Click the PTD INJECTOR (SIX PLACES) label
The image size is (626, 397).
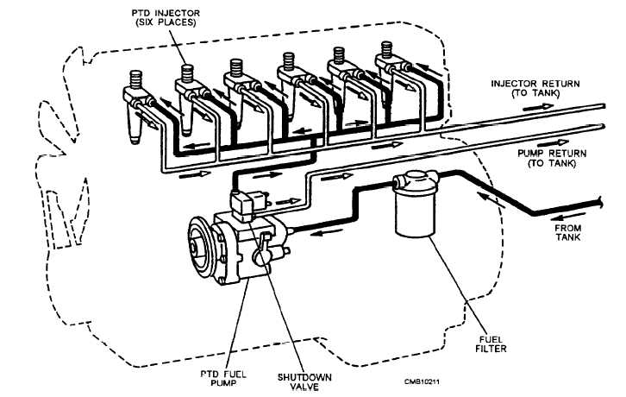(x=166, y=18)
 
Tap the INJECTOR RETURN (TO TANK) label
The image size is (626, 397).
(x=535, y=88)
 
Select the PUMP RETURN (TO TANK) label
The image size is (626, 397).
(x=552, y=158)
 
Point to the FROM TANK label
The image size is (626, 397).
(x=568, y=232)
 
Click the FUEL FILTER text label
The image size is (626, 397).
(x=491, y=343)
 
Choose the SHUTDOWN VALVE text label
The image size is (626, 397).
(x=304, y=381)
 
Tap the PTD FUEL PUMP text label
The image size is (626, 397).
(x=223, y=378)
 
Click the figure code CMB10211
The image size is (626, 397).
(x=422, y=381)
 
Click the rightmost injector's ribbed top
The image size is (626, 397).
(x=386, y=49)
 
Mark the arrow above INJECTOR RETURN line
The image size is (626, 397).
(x=538, y=107)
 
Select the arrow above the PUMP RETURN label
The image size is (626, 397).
(x=553, y=142)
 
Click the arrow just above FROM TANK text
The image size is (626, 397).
(x=564, y=217)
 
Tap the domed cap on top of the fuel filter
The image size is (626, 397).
(x=416, y=176)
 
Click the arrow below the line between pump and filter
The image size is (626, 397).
(x=327, y=231)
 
